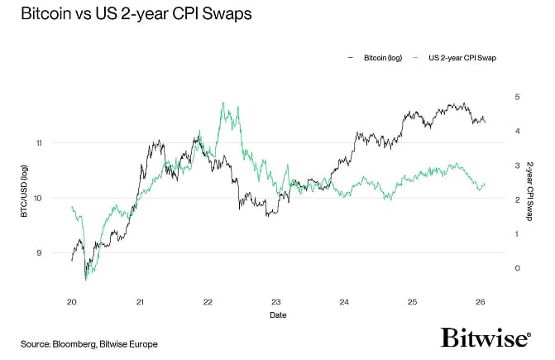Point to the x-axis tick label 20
73,302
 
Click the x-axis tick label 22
208,302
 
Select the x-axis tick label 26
481,302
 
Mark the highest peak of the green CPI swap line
223,103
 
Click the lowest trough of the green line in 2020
86,280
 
